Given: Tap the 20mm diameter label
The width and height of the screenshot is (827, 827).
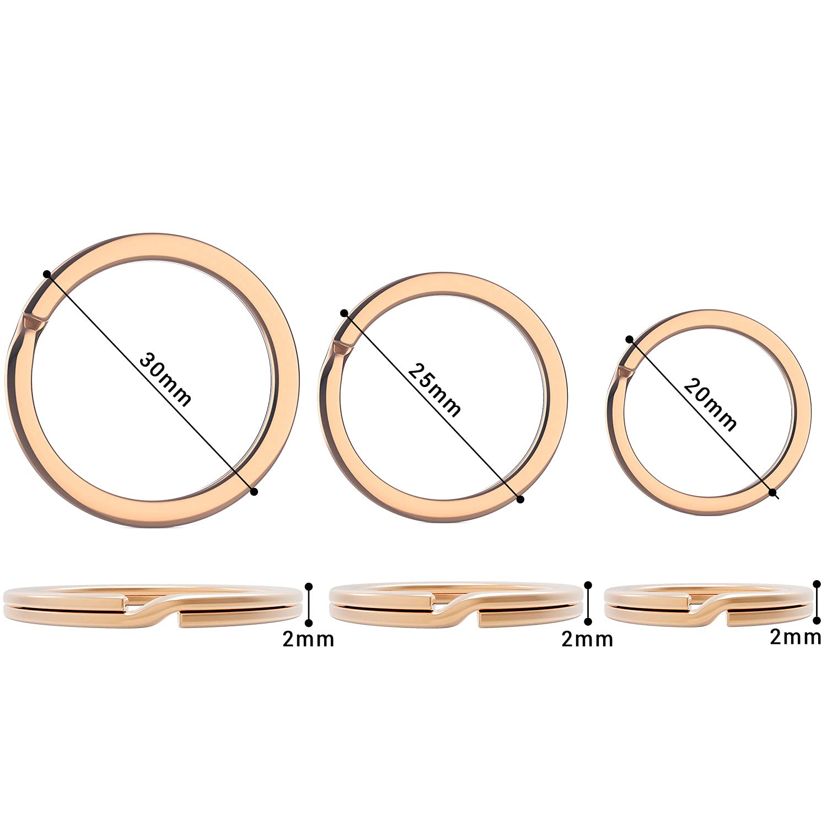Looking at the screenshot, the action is pos(710,403).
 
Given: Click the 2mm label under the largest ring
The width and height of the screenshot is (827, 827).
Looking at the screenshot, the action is pos(308,639).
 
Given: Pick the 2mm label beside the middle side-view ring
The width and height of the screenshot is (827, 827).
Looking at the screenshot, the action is pos(587,639).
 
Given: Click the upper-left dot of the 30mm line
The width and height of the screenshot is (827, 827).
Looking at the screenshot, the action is pos(47,274).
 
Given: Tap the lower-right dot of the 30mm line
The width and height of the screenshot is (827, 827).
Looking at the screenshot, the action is pos(254,491).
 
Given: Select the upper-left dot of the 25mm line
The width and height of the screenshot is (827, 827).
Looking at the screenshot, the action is pos(344,313).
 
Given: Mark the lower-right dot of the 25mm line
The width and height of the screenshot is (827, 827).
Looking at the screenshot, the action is pos(520,499).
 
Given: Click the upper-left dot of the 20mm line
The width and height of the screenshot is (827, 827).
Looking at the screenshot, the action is pos(629,339).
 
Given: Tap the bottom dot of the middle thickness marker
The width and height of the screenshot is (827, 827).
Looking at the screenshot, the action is pos(589,622).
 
